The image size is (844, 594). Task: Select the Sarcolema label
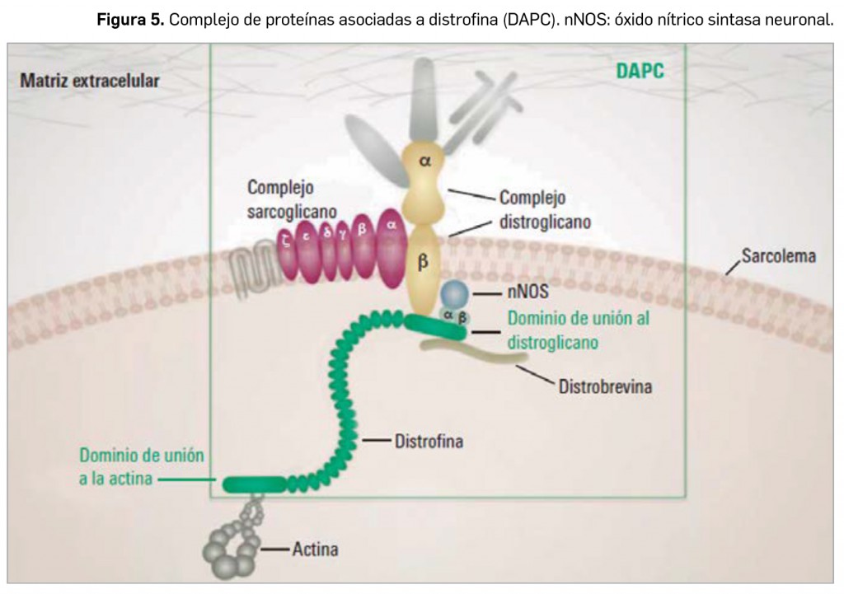coord(778,255)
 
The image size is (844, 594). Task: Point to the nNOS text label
coord(525,292)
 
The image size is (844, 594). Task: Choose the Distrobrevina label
coord(604,385)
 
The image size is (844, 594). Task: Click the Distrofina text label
coord(428,442)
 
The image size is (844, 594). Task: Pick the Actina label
coord(315,549)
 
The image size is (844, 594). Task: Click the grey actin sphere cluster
coord(232,548)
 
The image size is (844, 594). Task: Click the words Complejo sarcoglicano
coord(280,198)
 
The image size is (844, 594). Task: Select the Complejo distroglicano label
coord(545,210)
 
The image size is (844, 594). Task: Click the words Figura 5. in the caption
coord(130,20)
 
